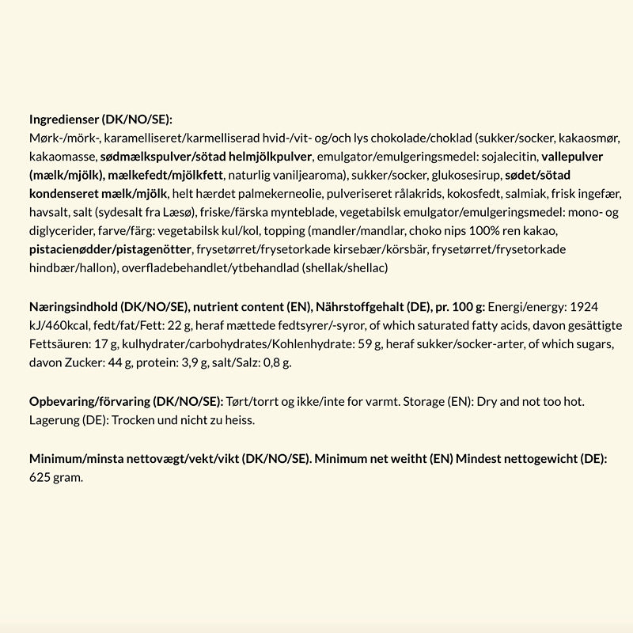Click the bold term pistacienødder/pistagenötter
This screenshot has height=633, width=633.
tap(110, 249)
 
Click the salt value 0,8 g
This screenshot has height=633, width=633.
tap(277, 362)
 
